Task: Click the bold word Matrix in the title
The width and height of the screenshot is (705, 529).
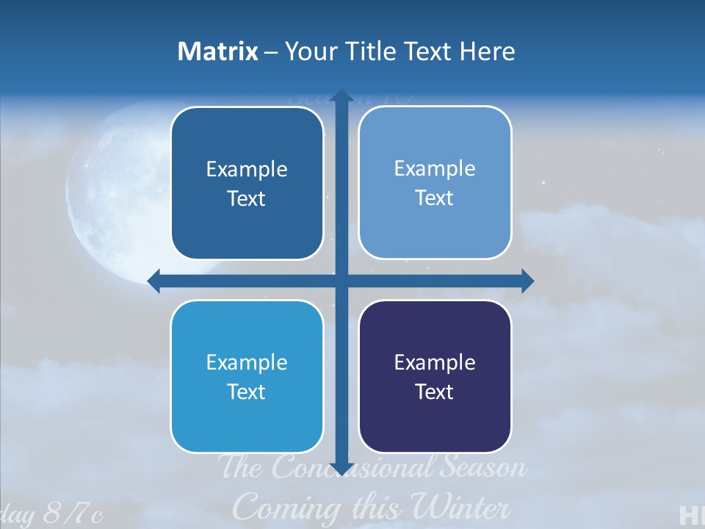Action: pyautogui.click(x=218, y=51)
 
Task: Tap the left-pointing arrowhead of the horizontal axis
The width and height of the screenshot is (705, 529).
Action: pyautogui.click(x=154, y=281)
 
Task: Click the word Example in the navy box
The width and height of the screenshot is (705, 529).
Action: pyautogui.click(x=435, y=362)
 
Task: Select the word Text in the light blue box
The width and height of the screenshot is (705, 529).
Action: pyautogui.click(x=435, y=198)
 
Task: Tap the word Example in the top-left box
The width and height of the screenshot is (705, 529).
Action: pyautogui.click(x=247, y=169)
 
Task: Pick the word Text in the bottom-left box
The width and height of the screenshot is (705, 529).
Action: pyautogui.click(x=247, y=392)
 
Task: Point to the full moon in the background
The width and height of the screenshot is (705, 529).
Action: pyautogui.click(x=110, y=191)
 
